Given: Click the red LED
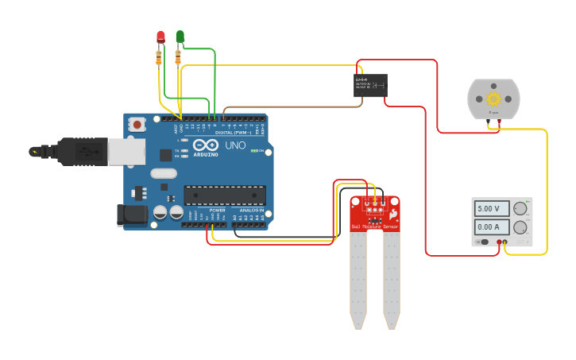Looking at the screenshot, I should [160, 37].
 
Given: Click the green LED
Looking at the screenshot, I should [180, 36].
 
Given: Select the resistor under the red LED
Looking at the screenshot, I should [159, 56].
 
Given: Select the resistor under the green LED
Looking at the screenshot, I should [177, 56].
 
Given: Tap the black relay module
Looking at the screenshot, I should [370, 85].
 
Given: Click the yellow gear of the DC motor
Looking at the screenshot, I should [493, 99].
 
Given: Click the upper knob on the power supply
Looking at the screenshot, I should [520, 209].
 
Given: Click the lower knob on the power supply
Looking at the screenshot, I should [520, 227].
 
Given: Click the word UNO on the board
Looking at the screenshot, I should [236, 145].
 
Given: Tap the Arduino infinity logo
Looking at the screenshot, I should [204, 145].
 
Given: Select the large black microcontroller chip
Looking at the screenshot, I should [225, 195].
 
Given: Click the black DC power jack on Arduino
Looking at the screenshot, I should [131, 215].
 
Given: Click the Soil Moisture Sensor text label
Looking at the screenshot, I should [375, 227].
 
